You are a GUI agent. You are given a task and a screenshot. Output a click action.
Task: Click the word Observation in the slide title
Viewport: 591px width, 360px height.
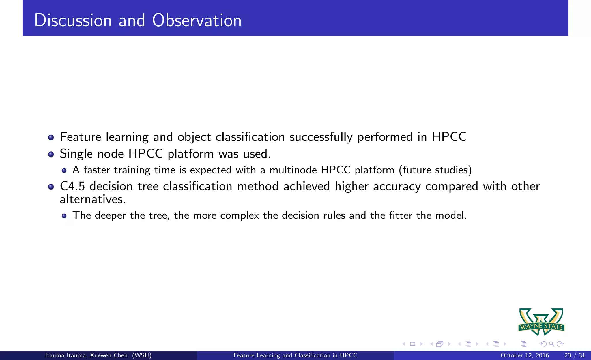197,20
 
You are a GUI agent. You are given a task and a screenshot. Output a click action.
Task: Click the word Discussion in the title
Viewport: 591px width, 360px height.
73,20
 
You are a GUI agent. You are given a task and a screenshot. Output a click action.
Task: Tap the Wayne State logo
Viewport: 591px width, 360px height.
541,322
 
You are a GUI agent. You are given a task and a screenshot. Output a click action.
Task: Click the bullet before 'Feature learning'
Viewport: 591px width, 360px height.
51,137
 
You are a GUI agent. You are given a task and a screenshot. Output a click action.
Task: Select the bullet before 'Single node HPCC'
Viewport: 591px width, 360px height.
51,154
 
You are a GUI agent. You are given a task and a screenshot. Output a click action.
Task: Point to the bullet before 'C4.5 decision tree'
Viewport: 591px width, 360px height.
51,187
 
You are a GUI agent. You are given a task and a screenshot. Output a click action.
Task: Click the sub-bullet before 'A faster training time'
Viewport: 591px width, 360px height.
64,170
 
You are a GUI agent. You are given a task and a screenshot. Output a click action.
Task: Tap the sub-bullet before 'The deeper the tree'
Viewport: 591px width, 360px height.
64,216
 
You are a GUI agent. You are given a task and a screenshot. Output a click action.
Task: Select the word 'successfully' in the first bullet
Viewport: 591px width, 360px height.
321,137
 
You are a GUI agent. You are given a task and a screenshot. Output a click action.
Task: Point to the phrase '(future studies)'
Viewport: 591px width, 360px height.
435,170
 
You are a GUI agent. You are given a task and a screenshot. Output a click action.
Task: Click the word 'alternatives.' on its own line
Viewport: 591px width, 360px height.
93,199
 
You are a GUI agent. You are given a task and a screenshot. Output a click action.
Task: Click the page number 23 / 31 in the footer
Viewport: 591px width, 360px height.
575,355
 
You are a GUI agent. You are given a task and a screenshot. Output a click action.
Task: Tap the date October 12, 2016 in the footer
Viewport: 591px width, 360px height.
524,355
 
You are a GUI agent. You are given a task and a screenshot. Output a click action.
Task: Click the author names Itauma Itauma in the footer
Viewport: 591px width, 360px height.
66,355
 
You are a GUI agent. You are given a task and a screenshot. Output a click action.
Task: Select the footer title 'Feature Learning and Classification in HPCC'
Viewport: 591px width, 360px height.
295,355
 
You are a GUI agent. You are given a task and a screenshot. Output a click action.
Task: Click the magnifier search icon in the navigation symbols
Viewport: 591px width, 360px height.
551,344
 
